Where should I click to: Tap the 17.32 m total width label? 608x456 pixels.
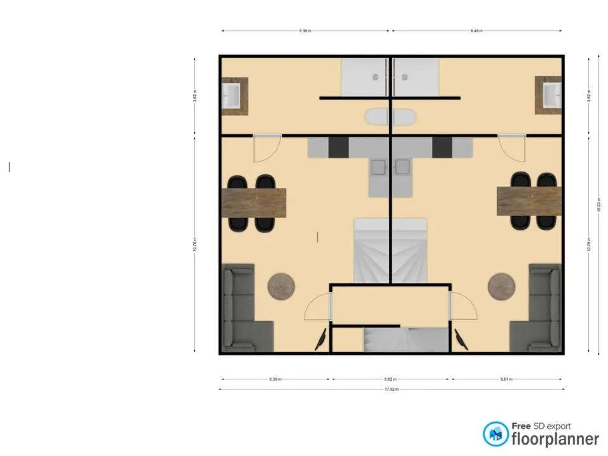pyautogui.click(x=391, y=389)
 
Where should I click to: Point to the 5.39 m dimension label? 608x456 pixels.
pyautogui.click(x=275, y=379)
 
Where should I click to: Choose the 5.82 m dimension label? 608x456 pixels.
pyautogui.click(x=391, y=379)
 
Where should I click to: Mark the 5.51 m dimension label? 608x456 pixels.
pyautogui.click(x=505, y=379)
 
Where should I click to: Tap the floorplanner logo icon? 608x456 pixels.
pyautogui.click(x=496, y=434)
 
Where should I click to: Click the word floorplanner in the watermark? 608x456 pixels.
pyautogui.click(x=555, y=439)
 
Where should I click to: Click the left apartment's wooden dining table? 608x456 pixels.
pyautogui.click(x=255, y=203)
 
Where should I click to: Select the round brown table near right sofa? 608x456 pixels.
pyautogui.click(x=501, y=286)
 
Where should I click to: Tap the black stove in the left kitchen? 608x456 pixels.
pyautogui.click(x=339, y=148)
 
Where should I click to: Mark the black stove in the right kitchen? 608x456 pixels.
pyautogui.click(x=442, y=148)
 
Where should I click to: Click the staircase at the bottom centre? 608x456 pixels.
pyautogui.click(x=405, y=339)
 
